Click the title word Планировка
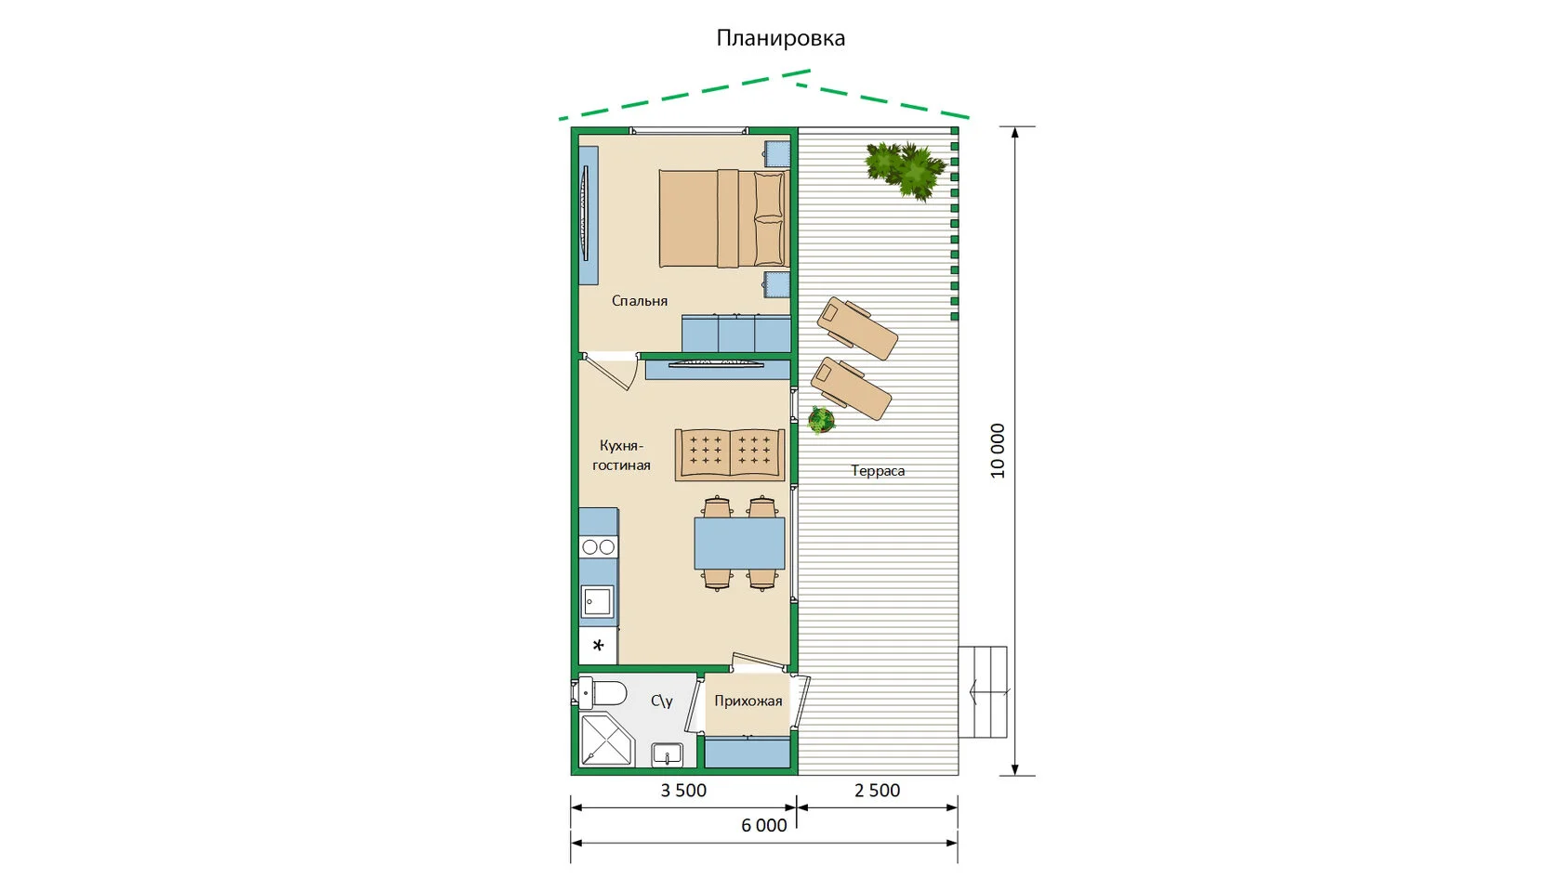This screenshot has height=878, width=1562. pos(780,37)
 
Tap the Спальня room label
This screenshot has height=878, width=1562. pos(640,300)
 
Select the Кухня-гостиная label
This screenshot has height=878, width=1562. pos(621,455)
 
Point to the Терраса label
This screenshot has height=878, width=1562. pos(878,470)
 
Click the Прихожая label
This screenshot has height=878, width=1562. pos(748,701)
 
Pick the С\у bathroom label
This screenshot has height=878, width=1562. pos(662,701)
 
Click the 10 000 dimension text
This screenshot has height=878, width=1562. pos(998,451)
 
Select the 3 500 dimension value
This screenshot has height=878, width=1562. pos(683,790)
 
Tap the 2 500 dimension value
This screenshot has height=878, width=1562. pos(878,790)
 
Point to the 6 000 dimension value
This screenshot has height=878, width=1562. pos(763,825)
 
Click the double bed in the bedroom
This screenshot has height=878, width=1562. pos(723,218)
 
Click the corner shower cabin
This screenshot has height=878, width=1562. pos(606,740)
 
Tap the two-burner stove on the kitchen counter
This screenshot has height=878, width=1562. pos(599,547)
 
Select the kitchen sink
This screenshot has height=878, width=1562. pos(598,601)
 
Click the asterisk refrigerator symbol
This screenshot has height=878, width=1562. pos(598,646)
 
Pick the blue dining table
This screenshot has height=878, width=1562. pos(739,544)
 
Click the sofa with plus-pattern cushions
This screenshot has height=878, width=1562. pos(730,455)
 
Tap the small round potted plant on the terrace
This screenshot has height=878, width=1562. pos(821,420)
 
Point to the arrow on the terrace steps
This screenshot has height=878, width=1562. pos(989,692)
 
